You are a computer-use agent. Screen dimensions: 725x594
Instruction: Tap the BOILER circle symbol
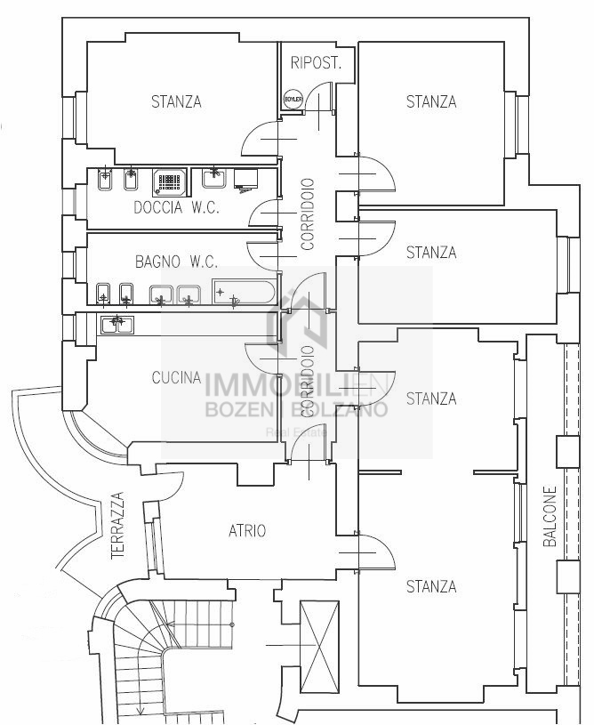pyautogui.click(x=293, y=100)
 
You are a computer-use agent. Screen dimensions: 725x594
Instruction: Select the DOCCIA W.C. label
pyautogui.click(x=176, y=208)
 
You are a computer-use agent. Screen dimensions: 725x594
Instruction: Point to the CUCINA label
pyautogui.click(x=176, y=378)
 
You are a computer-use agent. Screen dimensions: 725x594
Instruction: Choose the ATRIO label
pyautogui.click(x=247, y=531)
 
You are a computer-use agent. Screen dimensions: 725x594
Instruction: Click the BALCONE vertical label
pyautogui.click(x=550, y=516)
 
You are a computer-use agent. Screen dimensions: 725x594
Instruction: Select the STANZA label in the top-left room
pyautogui.click(x=176, y=101)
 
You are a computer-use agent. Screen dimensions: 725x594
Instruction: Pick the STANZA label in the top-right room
pyautogui.click(x=431, y=101)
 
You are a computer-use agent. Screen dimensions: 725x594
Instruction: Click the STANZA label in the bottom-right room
pyautogui.click(x=431, y=587)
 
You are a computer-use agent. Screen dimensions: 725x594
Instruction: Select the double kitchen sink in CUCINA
pyautogui.click(x=116, y=326)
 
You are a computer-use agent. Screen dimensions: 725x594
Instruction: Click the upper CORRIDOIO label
pyautogui.click(x=308, y=213)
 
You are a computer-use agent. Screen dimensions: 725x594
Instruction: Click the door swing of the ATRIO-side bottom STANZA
pyautogui.click(x=374, y=551)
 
